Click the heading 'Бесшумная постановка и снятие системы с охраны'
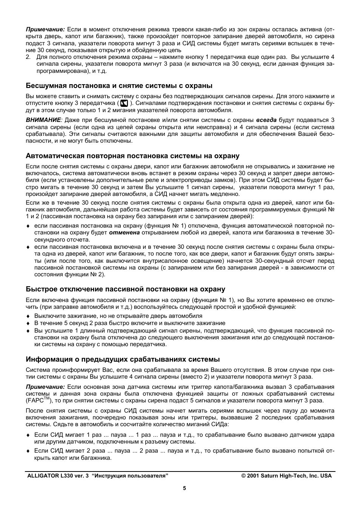click(x=119, y=85)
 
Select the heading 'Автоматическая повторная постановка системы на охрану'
click(x=132, y=156)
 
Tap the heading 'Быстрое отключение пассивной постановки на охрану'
click(x=125, y=289)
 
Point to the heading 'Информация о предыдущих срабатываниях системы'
click(x=123, y=359)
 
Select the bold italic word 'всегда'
click(x=266, y=120)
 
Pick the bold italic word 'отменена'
click(x=125, y=233)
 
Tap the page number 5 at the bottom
click(x=185, y=488)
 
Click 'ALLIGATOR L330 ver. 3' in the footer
click(x=58, y=476)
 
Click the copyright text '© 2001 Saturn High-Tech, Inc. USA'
click(x=286, y=476)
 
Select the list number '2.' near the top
click(x=28, y=57)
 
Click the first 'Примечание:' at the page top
click(x=45, y=29)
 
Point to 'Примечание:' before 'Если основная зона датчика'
click(x=45, y=387)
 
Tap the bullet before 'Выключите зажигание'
click(x=28, y=316)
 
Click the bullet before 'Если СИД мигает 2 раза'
click(x=28, y=451)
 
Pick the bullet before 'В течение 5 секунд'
click(x=28, y=324)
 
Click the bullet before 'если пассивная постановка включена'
click(x=28, y=247)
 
